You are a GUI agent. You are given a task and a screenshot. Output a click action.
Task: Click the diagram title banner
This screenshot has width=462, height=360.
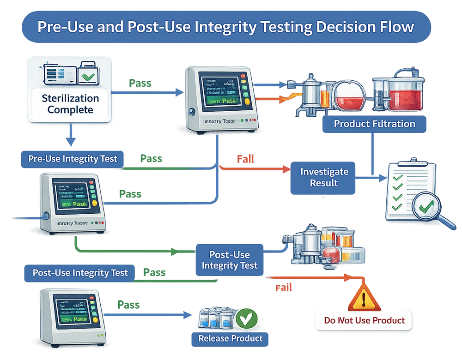pyautogui.click(x=226, y=27)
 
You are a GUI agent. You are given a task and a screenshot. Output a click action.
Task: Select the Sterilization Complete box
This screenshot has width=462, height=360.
pyautogui.click(x=70, y=104)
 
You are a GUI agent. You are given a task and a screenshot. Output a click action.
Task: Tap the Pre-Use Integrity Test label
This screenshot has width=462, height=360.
pyautogui.click(x=73, y=159)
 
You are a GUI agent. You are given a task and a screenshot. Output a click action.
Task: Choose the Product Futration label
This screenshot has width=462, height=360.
pyautogui.click(x=374, y=124)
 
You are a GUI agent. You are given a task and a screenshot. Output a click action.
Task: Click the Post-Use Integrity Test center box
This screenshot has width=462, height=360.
pyautogui.click(x=229, y=260)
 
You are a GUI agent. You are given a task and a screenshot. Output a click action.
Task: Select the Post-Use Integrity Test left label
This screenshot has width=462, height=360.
pyautogui.click(x=79, y=272)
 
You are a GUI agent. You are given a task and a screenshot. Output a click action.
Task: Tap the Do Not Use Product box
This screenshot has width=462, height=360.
pyautogui.click(x=364, y=320)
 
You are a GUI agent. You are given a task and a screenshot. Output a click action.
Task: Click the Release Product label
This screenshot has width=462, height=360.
pyautogui.click(x=230, y=338)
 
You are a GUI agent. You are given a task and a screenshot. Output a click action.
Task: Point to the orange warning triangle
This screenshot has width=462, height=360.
pyautogui.click(x=364, y=298)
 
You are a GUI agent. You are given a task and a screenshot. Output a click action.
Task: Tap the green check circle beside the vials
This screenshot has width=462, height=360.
pyautogui.click(x=246, y=318)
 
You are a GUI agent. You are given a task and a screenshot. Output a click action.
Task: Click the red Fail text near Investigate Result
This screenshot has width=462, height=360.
pyautogui.click(x=245, y=159)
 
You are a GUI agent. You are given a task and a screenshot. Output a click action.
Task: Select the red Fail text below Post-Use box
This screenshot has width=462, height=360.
pyautogui.click(x=284, y=288)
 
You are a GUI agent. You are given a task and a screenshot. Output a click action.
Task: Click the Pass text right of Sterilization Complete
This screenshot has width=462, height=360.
pyautogui.click(x=140, y=84)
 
